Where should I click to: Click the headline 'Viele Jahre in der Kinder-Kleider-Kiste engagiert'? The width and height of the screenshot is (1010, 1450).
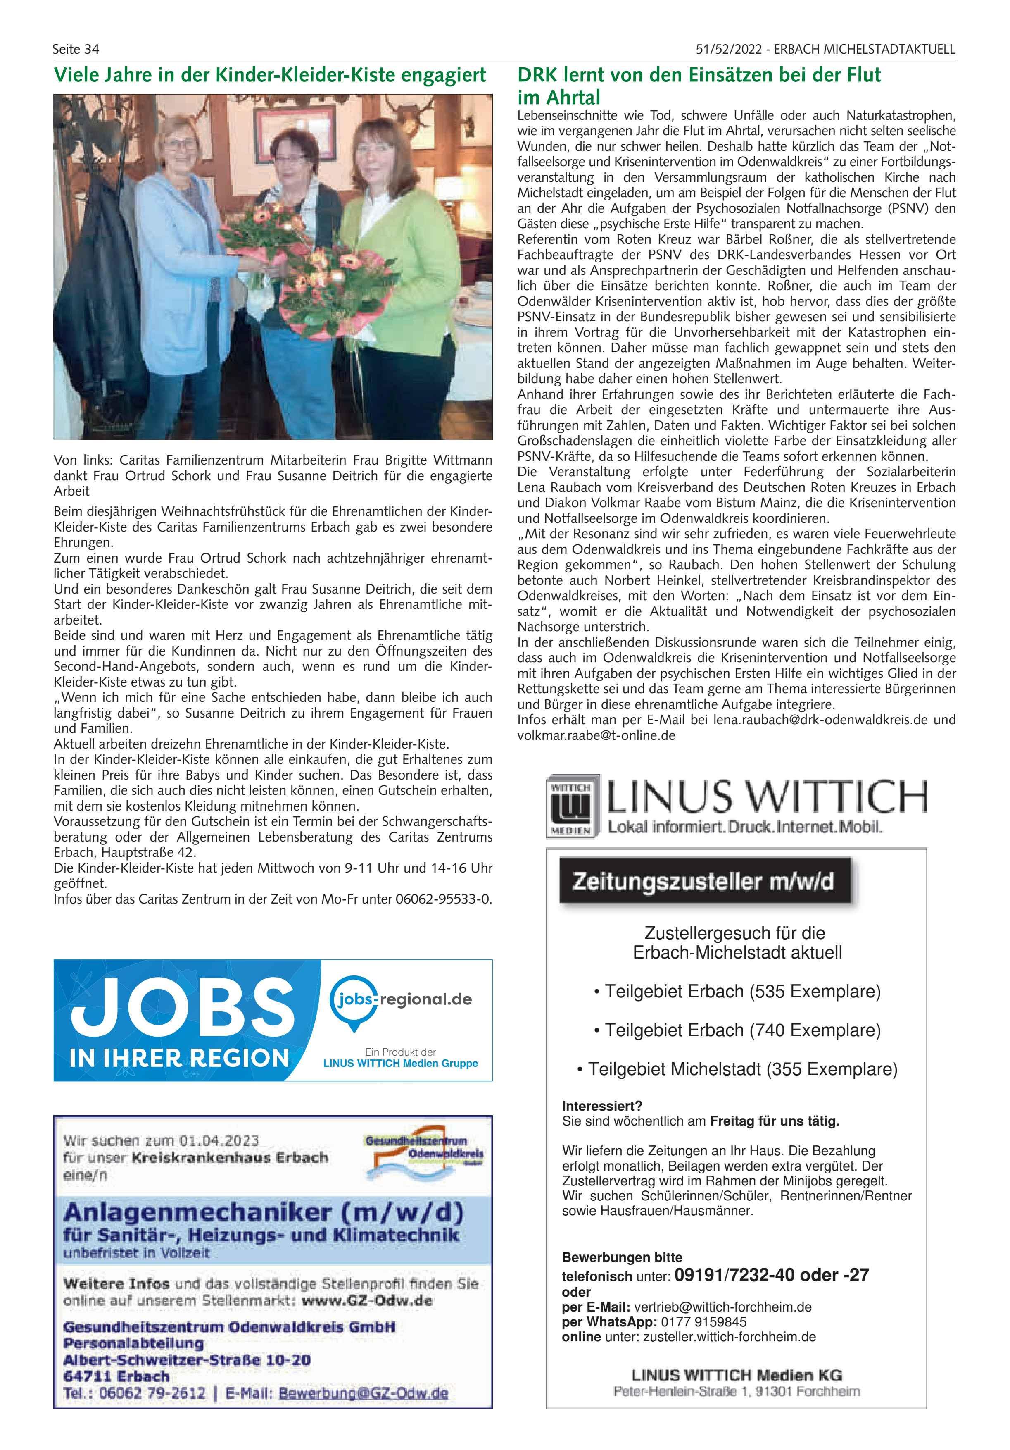(x=270, y=75)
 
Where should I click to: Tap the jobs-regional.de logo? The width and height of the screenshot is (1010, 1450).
(x=404, y=1000)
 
